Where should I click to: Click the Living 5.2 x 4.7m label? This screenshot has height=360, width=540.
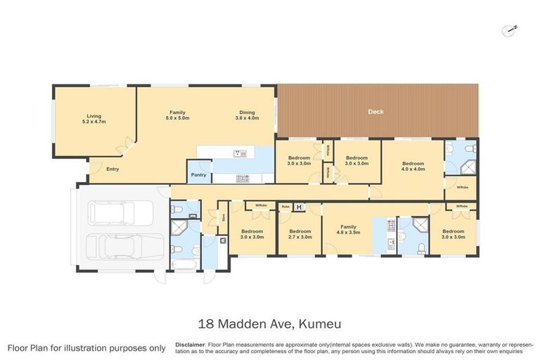click(95, 119)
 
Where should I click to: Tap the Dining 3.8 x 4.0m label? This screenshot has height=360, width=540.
click(247, 115)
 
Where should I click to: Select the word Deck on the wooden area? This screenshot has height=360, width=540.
click(376, 112)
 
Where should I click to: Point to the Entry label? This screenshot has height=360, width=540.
click(112, 169)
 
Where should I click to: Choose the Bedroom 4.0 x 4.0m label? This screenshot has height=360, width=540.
click(413, 166)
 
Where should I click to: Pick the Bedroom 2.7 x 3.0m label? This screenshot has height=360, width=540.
click(300, 234)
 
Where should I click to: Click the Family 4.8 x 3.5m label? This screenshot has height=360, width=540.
click(347, 229)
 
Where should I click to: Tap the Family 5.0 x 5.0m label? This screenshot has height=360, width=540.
click(177, 115)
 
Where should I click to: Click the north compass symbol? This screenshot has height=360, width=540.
click(510, 29)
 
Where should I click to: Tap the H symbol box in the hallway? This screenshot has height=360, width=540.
click(299, 207)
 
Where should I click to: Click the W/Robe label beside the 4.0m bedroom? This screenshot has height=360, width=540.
click(462, 187)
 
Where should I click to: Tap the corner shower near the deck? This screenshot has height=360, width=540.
click(469, 167)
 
